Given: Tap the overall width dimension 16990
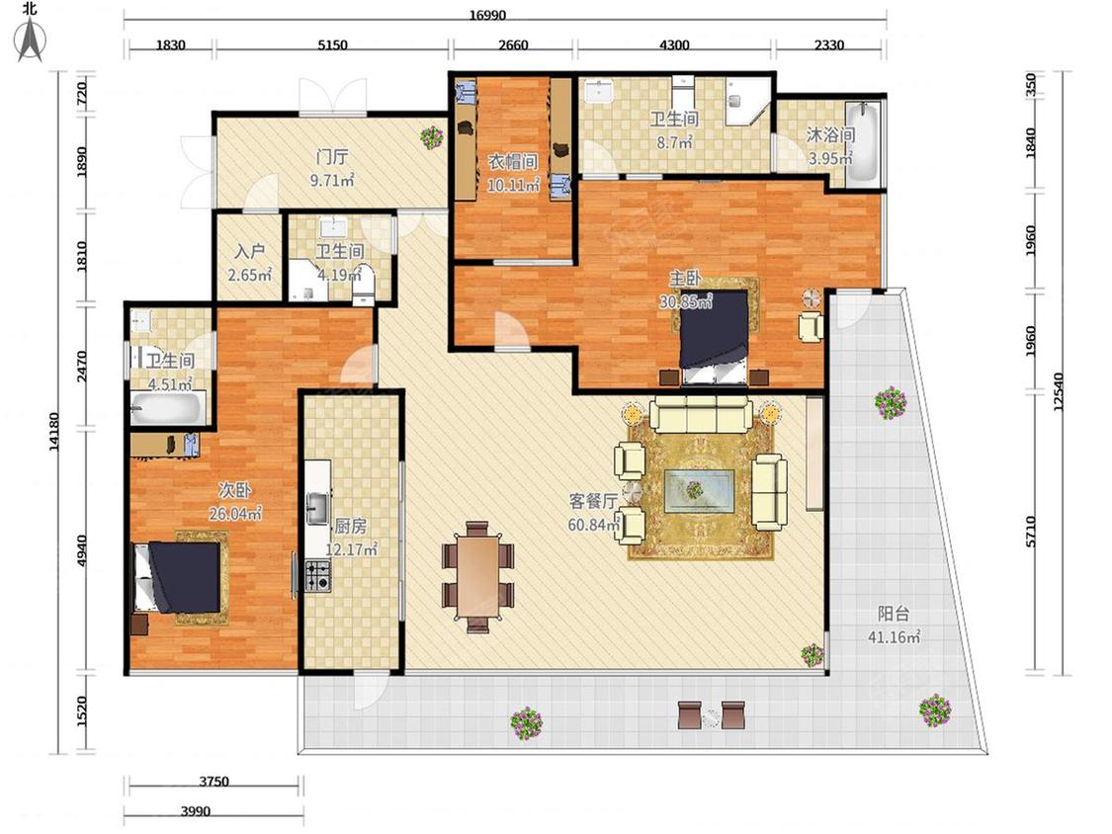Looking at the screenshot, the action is (x=487, y=15).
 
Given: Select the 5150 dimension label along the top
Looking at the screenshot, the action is (x=332, y=44).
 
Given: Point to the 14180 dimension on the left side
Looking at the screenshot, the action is (x=54, y=432).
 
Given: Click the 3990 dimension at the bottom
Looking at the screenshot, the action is (x=195, y=810).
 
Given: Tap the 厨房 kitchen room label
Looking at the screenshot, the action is (x=350, y=526).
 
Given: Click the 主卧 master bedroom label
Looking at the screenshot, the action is (x=685, y=278).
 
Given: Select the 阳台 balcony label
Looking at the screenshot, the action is (x=893, y=614).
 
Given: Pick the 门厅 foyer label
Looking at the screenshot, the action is (x=332, y=157).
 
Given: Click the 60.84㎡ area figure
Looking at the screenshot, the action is (x=594, y=525).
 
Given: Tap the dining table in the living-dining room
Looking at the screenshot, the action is (x=477, y=577).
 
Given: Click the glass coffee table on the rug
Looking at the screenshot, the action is (x=699, y=490).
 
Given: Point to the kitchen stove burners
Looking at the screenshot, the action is (x=317, y=575).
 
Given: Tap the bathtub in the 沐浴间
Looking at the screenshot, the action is (x=864, y=142).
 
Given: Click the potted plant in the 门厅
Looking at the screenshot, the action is (x=431, y=137).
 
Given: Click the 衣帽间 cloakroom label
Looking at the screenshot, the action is (x=513, y=162).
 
